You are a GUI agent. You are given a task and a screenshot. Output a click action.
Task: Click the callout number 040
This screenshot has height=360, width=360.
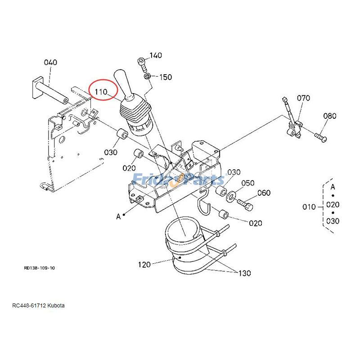(x=50, y=63)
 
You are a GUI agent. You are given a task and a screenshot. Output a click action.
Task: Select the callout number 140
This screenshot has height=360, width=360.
(x=155, y=56)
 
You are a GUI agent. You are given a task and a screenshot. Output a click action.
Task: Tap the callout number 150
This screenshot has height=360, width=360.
(x=165, y=77)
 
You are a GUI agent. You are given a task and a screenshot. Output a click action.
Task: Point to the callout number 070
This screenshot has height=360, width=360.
(x=303, y=98)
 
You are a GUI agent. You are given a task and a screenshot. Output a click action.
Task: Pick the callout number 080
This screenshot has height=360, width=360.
(x=329, y=116)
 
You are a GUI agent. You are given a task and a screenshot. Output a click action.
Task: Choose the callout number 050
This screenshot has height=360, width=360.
(x=247, y=183)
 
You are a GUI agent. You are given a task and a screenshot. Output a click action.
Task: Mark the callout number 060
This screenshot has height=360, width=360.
(x=264, y=193)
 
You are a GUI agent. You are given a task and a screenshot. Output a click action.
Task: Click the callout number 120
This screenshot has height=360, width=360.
(x=144, y=265)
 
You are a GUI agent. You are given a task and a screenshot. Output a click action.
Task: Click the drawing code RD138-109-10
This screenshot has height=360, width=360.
(x=40, y=268)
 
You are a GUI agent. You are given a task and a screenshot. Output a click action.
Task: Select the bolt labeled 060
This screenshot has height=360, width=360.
(x=246, y=205)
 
